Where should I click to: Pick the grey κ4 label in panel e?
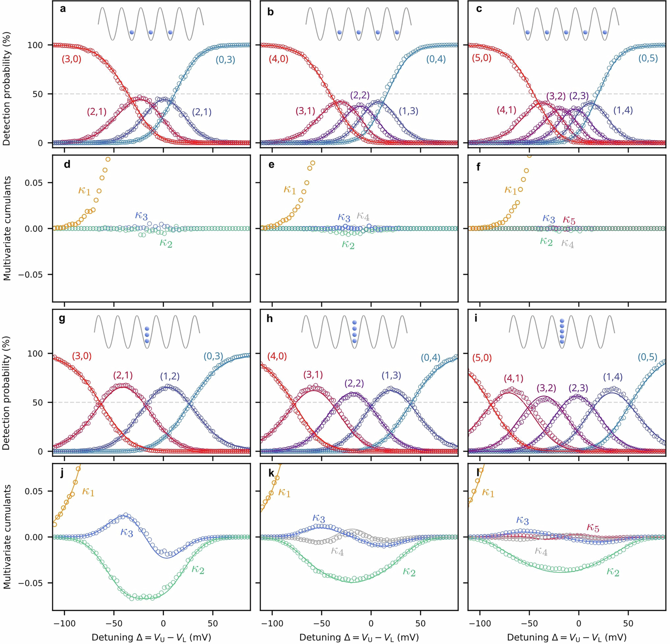point(363,216)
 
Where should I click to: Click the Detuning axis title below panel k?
point(359,637)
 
